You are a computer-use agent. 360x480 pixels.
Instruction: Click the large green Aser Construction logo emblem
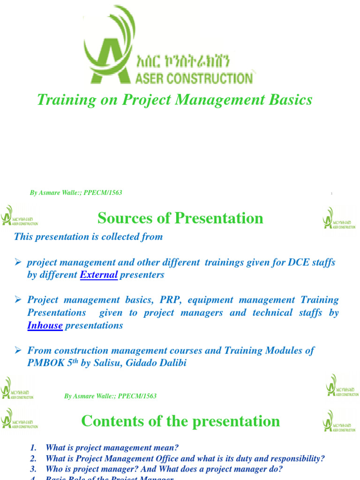(109, 45)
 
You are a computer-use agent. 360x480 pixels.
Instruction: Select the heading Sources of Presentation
(180, 218)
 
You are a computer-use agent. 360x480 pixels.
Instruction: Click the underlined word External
(99, 275)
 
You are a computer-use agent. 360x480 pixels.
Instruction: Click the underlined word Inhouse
(45, 326)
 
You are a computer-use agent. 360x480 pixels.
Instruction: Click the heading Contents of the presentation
(180, 421)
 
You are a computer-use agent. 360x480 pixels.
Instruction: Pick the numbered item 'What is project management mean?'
(112, 448)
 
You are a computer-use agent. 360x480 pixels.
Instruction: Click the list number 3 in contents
(33, 469)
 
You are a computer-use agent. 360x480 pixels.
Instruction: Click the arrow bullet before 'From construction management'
(18, 351)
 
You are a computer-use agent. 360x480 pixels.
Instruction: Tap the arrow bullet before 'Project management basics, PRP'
(18, 300)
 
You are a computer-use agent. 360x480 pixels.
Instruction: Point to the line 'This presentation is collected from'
(89, 237)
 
